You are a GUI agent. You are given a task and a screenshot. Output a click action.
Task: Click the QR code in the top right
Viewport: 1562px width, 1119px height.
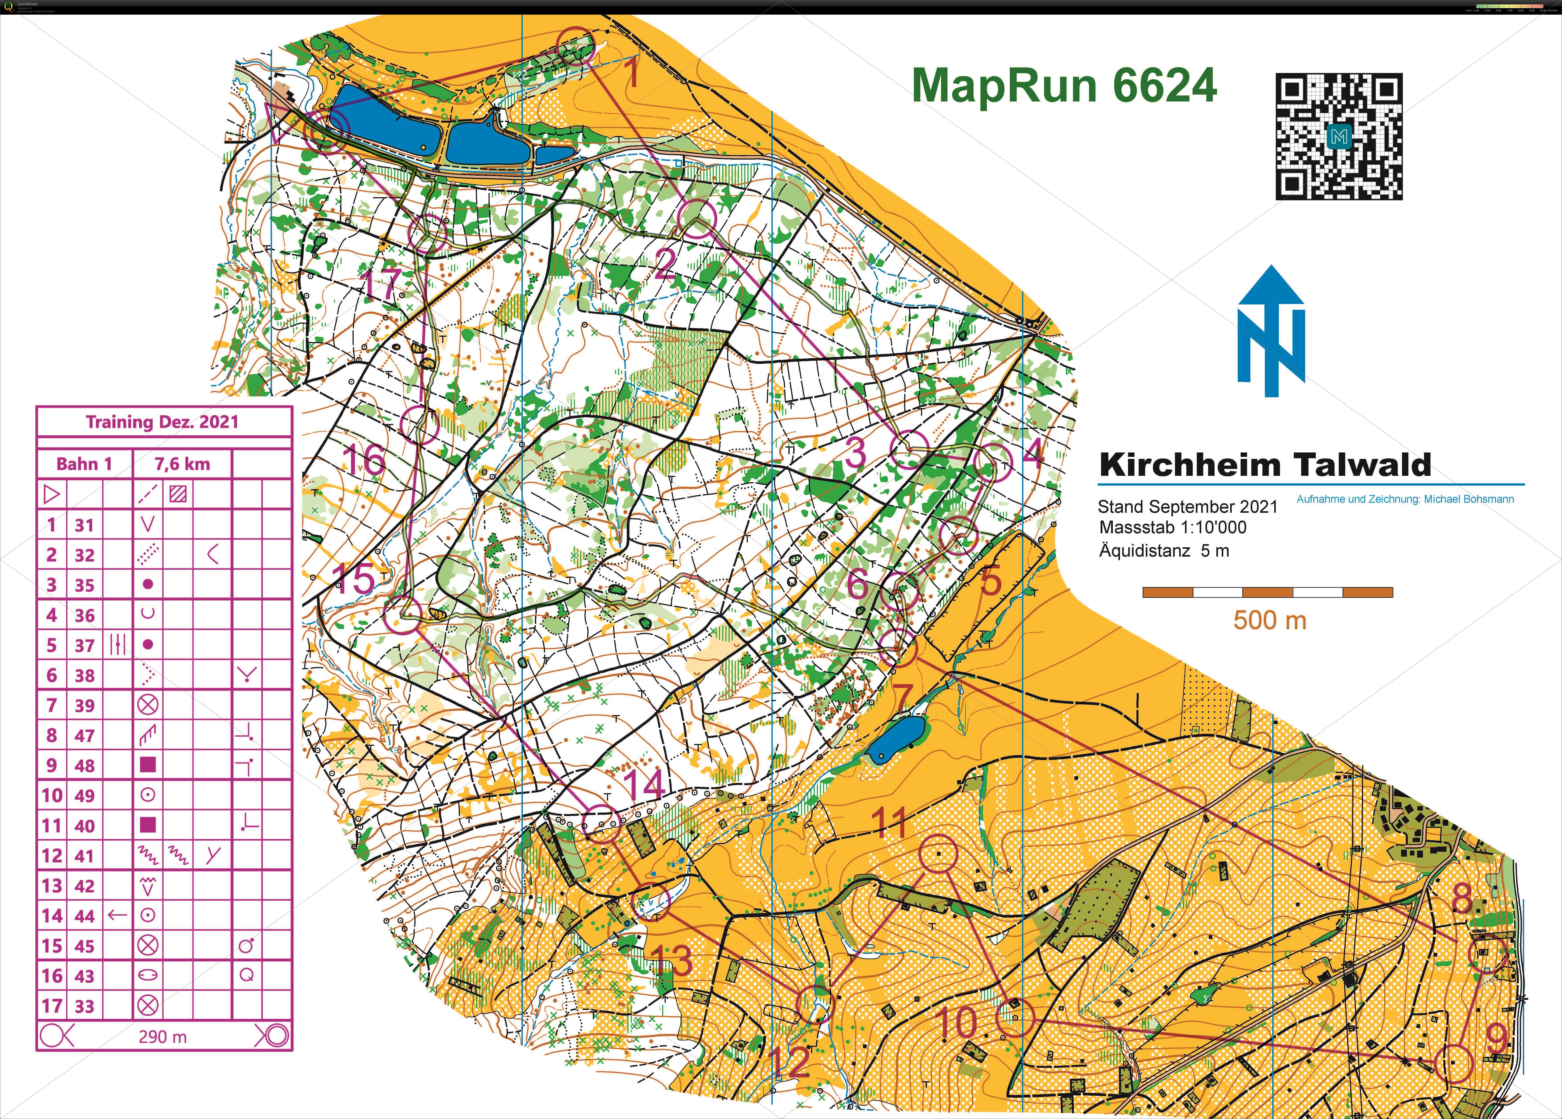tap(1339, 136)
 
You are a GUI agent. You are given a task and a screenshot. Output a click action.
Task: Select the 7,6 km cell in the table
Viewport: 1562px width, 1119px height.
tap(182, 464)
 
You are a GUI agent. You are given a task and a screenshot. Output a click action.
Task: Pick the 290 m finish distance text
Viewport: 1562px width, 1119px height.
tap(162, 1036)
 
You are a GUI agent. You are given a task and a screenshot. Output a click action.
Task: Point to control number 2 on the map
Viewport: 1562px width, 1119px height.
tap(665, 264)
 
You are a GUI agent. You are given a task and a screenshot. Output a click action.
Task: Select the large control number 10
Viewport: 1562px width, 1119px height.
tap(957, 1022)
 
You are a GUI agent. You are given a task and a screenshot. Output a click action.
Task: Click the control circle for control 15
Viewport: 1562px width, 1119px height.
tap(402, 614)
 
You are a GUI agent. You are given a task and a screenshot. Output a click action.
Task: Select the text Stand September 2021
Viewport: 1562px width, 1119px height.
tap(1187, 507)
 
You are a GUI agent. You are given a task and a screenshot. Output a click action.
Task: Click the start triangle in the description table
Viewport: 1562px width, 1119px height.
tap(52, 494)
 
